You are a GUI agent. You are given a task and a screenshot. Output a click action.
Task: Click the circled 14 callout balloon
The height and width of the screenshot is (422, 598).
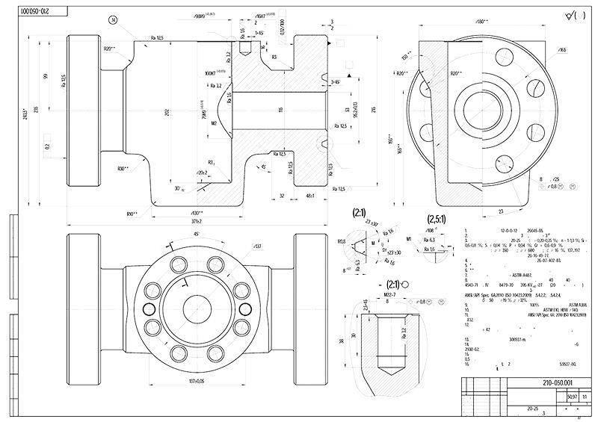tap(113, 20)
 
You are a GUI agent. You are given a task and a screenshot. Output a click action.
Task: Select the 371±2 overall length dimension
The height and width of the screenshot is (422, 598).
tap(197, 222)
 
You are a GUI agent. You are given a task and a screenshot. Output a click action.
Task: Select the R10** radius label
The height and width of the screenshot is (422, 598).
tap(132, 214)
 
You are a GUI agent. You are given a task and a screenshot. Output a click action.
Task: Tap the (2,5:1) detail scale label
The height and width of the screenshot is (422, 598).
tap(437, 220)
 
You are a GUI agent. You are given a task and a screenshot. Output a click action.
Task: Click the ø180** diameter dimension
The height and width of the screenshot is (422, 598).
tap(481, 21)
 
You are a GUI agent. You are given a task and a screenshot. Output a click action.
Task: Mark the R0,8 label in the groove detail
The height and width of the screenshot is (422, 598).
tap(342, 242)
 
